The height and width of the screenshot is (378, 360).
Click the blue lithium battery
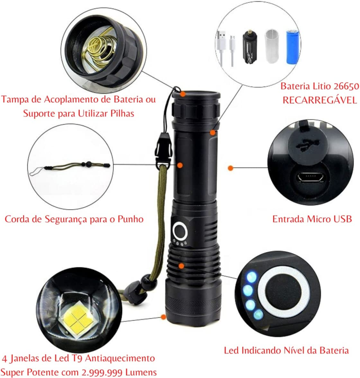[292, 46]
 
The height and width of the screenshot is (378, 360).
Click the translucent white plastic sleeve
[272, 46]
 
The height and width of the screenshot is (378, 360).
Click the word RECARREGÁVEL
[320, 100]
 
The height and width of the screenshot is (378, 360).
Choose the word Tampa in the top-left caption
[15, 99]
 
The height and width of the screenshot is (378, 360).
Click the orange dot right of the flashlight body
[231, 168]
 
